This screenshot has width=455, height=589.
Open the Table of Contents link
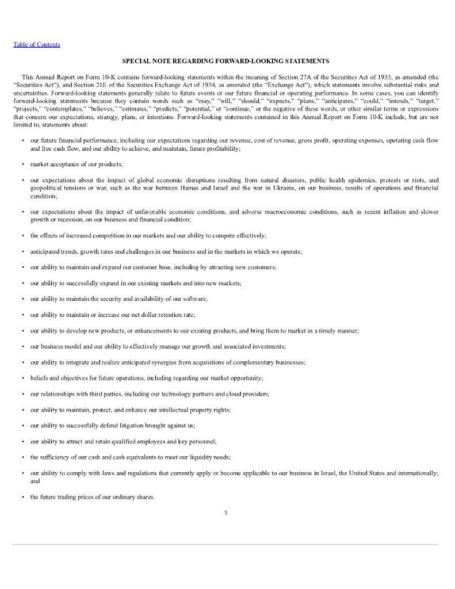(x=37, y=45)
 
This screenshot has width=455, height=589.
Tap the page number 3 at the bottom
(x=225, y=513)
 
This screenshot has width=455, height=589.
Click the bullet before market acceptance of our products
(x=22, y=165)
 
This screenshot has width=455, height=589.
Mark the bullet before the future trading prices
(x=22, y=497)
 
